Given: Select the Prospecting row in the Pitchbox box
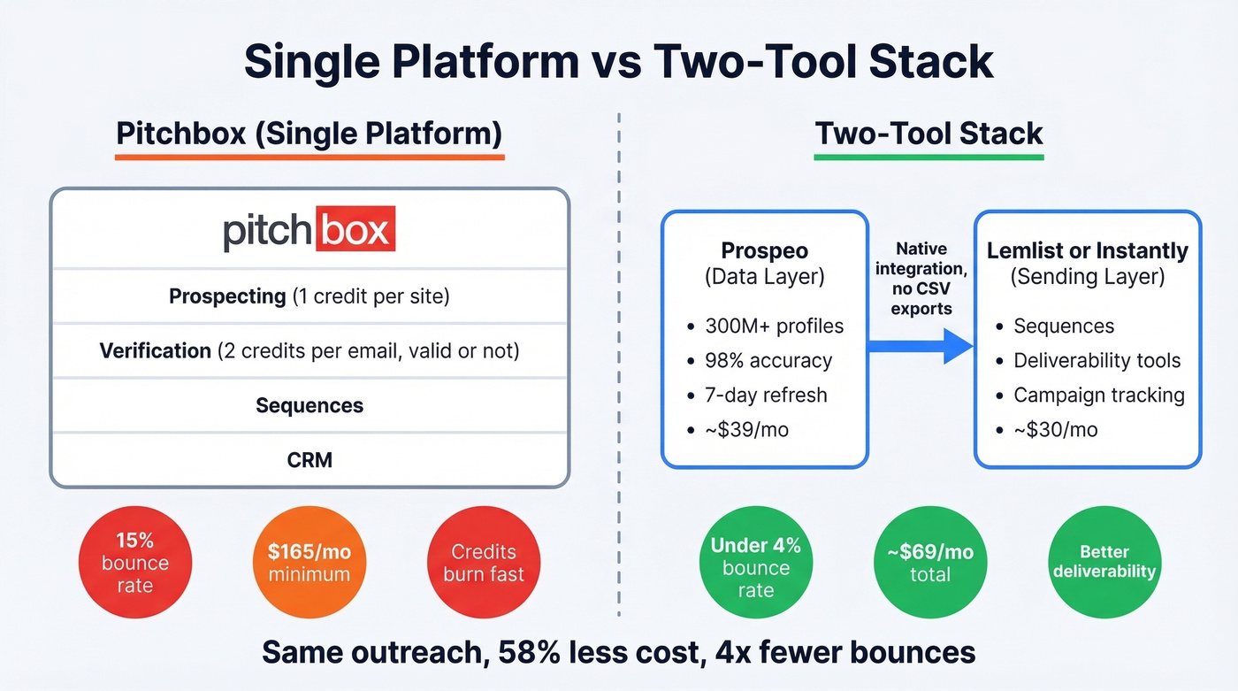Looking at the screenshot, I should click(309, 296).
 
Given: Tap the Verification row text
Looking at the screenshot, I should click(309, 351).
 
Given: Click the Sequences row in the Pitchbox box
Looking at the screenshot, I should click(309, 406).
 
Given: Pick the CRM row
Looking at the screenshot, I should click(309, 460).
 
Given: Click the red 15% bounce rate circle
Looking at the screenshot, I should click(134, 563).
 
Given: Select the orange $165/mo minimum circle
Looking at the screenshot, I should click(309, 563).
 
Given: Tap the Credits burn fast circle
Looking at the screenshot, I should click(484, 563).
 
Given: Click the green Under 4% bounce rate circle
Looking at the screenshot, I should click(755, 567).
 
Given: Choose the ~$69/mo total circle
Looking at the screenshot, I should click(929, 563).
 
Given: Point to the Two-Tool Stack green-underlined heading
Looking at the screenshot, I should click(928, 134).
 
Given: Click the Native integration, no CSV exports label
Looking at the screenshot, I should click(921, 279).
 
